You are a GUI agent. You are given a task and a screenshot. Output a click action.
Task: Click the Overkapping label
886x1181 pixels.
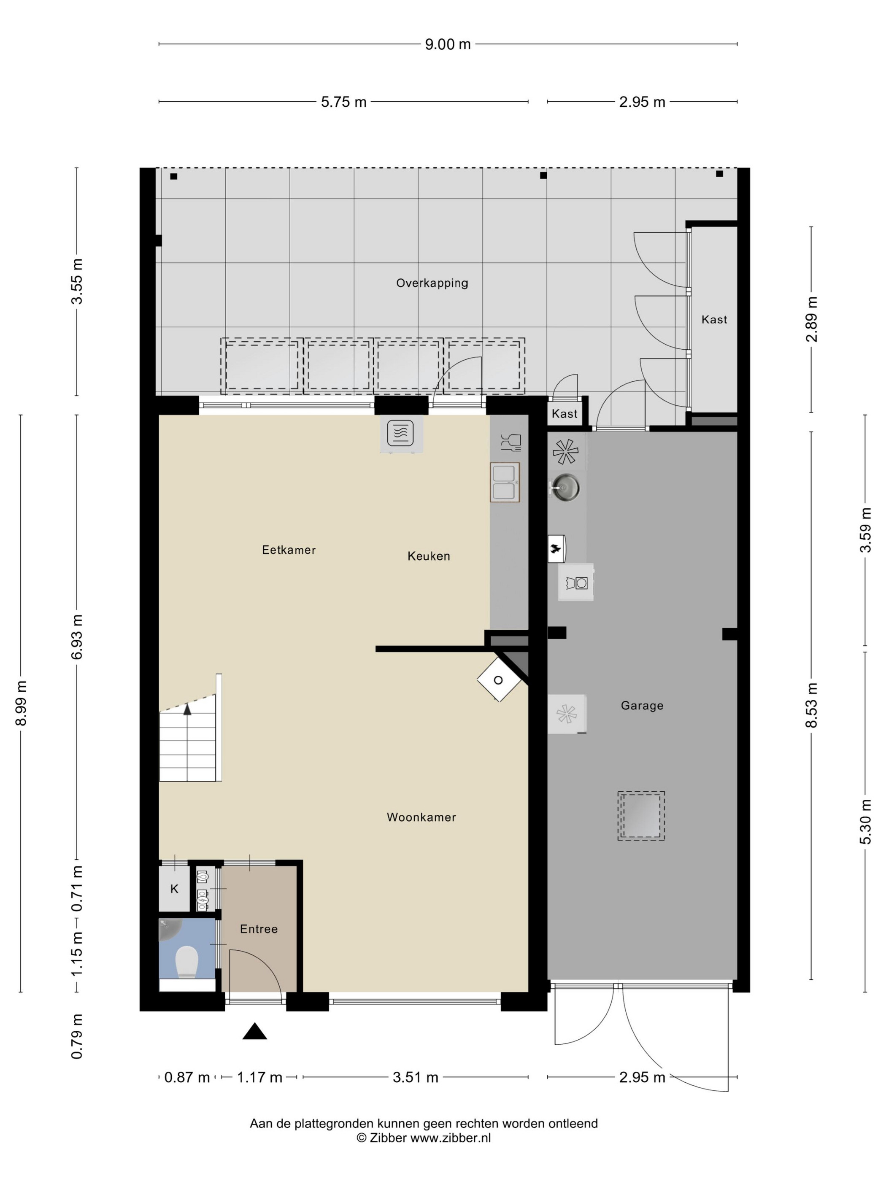pos(432,283)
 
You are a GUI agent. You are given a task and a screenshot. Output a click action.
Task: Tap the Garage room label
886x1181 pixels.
pos(642,705)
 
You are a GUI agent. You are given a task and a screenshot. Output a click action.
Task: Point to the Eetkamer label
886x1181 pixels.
pos(289,550)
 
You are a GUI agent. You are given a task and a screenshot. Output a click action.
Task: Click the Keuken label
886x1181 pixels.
pos(429,556)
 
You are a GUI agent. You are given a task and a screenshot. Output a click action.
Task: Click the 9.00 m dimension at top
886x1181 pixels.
pos(448,44)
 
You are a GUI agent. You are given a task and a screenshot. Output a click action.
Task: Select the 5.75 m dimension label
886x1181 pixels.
pos(343,102)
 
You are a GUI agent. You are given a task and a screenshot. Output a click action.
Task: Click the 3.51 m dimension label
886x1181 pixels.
pos(416,1077)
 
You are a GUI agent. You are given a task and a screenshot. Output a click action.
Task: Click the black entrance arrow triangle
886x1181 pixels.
pos(255,1031)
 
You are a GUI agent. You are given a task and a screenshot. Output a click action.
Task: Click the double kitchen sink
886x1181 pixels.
pos(505,482)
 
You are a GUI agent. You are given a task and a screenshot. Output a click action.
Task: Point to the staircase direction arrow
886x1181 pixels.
pos(187,709)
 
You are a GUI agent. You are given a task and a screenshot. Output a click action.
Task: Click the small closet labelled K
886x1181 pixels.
pos(175,888)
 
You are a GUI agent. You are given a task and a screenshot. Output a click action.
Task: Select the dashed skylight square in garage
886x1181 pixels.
pos(641,816)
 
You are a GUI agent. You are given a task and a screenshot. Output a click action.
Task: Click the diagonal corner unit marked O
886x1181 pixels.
pos(499,679)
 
